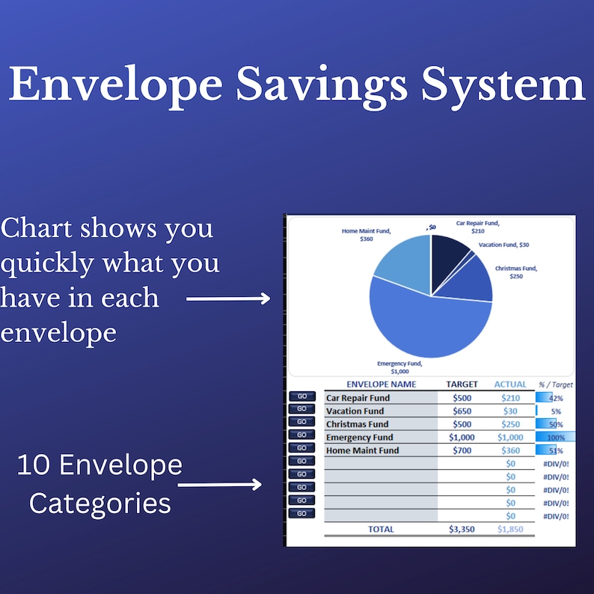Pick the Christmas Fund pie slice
click(473, 280)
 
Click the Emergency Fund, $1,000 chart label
click(399, 367)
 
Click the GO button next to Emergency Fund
click(301, 435)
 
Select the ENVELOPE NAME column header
click(382, 385)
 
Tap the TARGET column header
click(462, 385)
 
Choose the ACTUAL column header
click(510, 385)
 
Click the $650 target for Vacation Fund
click(462, 411)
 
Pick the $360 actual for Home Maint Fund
click(510, 450)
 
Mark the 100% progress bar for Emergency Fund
click(555, 437)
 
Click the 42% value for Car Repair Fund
click(555, 398)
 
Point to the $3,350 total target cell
click(462, 529)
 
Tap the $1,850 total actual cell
click(510, 529)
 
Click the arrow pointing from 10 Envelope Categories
click(220, 485)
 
